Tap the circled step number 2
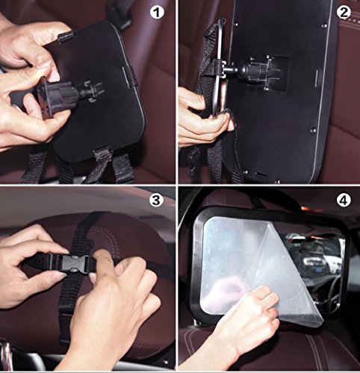point(343,13)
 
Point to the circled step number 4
point(343,200)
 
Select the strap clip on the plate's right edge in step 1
point(129,75)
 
